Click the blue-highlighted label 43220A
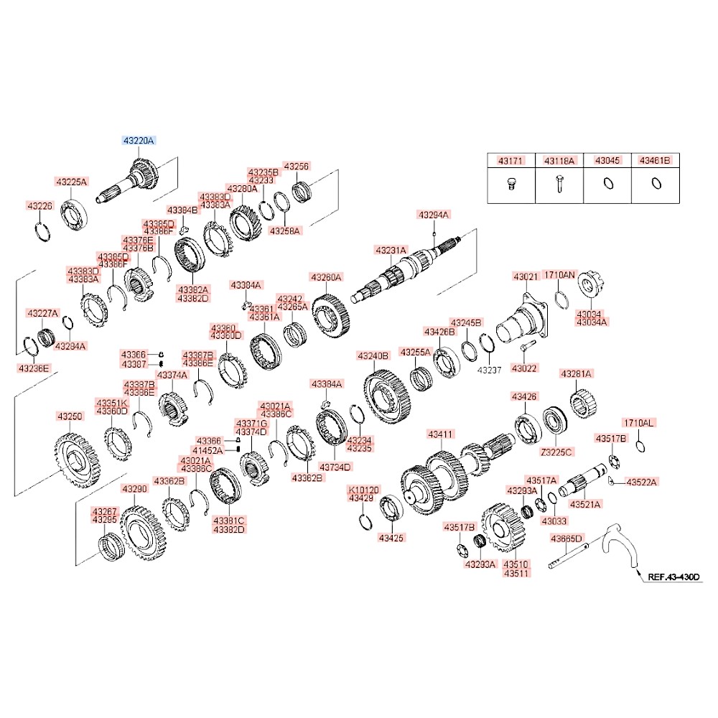coord(138,141)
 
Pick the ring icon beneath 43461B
coord(655,183)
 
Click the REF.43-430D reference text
coord(673,576)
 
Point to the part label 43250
coord(70,416)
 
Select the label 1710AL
coord(638,423)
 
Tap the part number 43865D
coord(567,538)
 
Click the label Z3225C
coord(557,452)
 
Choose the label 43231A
coord(391,250)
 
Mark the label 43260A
coord(327,276)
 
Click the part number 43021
coord(525,276)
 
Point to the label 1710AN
coord(559,274)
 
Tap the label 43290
coord(134,489)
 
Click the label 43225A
coord(71,182)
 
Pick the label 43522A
coord(642,482)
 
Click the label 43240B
coord(373,355)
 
